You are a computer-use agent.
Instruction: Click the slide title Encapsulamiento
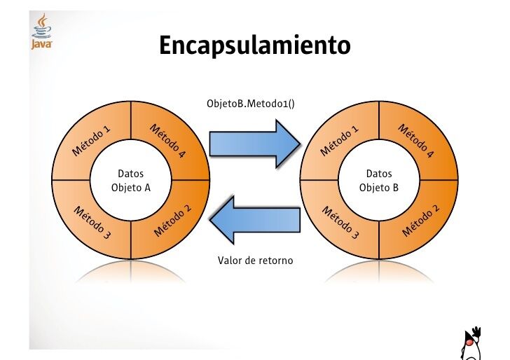pyautogui.click(x=254, y=46)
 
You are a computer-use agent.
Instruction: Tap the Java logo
pyautogui.click(x=41, y=32)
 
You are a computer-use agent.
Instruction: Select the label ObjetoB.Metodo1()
pyautogui.click(x=251, y=103)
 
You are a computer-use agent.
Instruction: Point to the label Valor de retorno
pyautogui.click(x=255, y=261)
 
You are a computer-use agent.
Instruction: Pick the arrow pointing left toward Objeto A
pyautogui.click(x=256, y=219)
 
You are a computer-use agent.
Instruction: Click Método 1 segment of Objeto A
pyautogui.click(x=92, y=141)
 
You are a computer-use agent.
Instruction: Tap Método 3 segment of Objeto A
pyautogui.click(x=92, y=220)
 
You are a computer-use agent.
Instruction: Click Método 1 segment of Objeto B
pyautogui.click(x=340, y=141)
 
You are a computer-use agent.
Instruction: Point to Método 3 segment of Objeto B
pyautogui.click(x=340, y=221)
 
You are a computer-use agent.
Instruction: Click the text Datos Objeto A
pyautogui.click(x=131, y=180)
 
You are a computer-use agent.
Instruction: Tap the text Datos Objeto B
pyautogui.click(x=379, y=180)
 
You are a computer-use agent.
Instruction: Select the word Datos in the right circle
pyautogui.click(x=379, y=173)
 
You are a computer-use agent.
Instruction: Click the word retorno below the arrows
pyautogui.click(x=275, y=261)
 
